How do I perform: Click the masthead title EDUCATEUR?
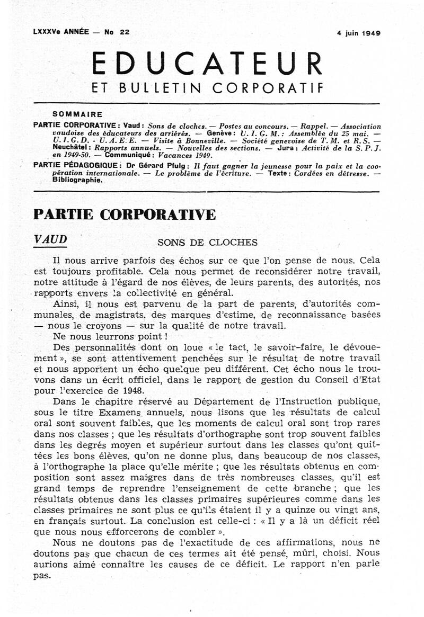click(207, 64)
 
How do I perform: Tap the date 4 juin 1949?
click(359, 33)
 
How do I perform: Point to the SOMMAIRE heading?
click(77, 113)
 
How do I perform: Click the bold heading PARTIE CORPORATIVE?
click(125, 214)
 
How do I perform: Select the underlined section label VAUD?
click(50, 239)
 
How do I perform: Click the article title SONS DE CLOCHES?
click(207, 243)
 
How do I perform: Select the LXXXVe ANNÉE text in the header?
click(59, 32)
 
